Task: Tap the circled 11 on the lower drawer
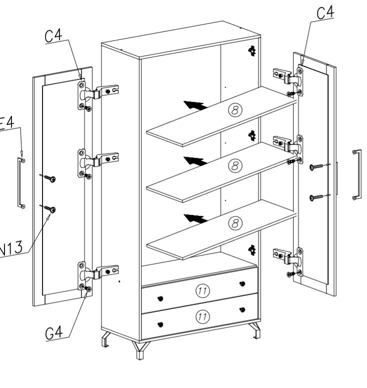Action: coord(202,316)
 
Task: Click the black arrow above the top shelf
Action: coord(195,104)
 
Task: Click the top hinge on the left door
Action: coord(97,92)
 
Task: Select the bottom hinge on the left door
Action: coord(97,272)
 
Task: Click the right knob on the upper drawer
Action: coord(242,284)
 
